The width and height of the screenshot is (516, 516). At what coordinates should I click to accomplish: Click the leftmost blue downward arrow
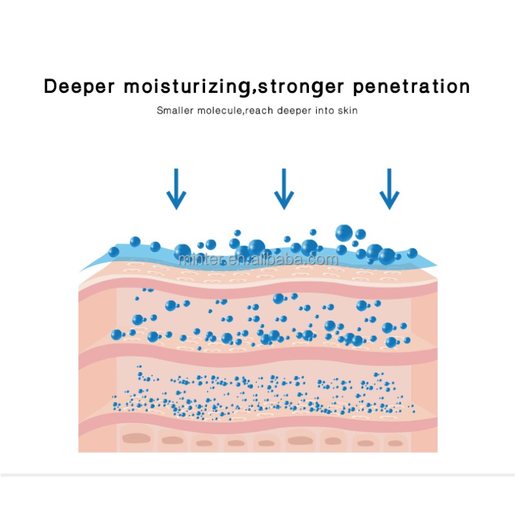176,189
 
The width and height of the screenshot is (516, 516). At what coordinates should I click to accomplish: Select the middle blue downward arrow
284,189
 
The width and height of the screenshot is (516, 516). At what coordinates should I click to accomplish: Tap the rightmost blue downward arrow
389,189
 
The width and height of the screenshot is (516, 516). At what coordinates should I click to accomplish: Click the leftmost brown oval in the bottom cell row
135,439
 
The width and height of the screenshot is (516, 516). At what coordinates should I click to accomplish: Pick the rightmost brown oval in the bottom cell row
395,443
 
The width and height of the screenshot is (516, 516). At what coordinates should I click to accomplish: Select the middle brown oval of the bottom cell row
267,443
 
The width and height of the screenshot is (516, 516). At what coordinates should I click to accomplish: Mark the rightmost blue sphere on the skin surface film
412,253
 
